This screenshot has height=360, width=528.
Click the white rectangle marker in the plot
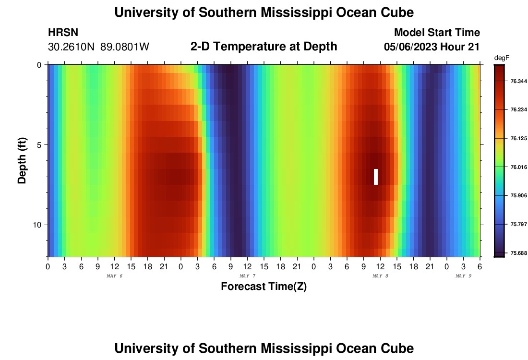[x=376, y=177]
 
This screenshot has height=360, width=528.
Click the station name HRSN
[x=63, y=33]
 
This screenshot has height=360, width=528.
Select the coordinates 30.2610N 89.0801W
[x=99, y=47]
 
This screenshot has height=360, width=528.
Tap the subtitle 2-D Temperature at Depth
[x=264, y=47]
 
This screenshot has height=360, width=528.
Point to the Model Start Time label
[x=437, y=33]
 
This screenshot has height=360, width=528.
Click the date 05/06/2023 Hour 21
[x=432, y=47]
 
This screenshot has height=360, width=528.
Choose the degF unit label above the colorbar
[x=502, y=58]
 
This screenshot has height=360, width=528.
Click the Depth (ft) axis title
[x=22, y=161]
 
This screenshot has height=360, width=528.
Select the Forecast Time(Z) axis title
[x=264, y=287]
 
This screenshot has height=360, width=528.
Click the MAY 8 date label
[x=380, y=276]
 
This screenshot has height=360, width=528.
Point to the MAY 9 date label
[x=463, y=276]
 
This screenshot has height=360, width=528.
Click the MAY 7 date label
[x=247, y=276]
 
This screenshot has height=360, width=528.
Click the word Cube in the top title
[x=396, y=12]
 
